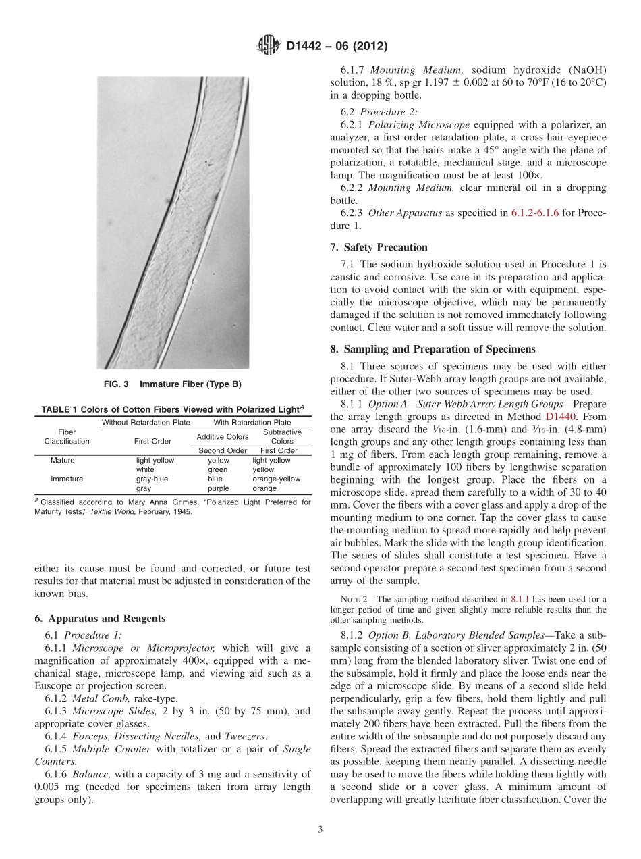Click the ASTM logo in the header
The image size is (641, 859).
tap(269, 46)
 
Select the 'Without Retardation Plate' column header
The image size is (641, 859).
tap(145, 423)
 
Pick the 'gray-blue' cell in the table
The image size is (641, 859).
tap(152, 479)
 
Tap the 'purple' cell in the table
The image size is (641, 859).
tap(218, 488)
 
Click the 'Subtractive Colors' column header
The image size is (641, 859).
tap(281, 436)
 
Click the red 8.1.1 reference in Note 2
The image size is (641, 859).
tap(520, 598)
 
